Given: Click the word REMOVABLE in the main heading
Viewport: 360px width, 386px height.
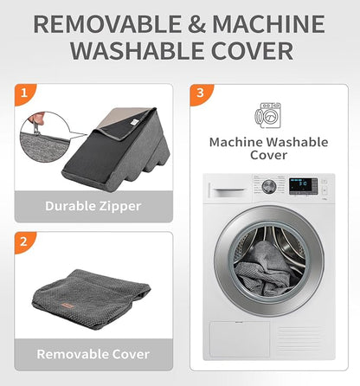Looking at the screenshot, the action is [x=107, y=24].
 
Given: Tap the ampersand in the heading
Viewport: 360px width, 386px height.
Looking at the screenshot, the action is [x=196, y=24].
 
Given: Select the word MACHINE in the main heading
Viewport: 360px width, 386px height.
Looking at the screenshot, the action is [x=268, y=24].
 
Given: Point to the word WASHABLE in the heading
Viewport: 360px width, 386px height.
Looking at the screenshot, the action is [x=138, y=51].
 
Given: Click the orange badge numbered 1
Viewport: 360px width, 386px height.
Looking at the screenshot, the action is [x=24, y=93].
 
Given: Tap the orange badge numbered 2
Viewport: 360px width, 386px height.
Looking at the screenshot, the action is [x=24, y=241].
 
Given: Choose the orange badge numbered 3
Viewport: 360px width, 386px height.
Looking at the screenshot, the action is [x=201, y=93].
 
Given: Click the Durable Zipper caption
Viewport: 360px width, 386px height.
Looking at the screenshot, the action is [x=93, y=206].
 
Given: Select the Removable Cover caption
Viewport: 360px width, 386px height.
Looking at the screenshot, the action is [x=93, y=354].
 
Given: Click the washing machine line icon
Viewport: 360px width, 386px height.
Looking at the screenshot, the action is [x=267, y=115].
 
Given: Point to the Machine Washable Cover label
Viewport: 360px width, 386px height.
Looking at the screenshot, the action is [x=268, y=149].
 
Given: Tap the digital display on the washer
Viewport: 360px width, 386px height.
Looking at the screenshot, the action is [x=303, y=185].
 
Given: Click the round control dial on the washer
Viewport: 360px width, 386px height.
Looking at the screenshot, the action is [x=269, y=187].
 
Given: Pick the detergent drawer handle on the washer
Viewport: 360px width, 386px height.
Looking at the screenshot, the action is [x=230, y=190].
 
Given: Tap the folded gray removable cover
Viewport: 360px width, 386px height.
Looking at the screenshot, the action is [x=91, y=299].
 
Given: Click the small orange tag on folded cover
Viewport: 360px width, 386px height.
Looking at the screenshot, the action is [x=67, y=306].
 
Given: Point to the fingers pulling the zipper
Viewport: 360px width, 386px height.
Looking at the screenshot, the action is [x=36, y=119].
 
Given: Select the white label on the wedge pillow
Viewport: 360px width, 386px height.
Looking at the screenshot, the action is [x=134, y=122].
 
